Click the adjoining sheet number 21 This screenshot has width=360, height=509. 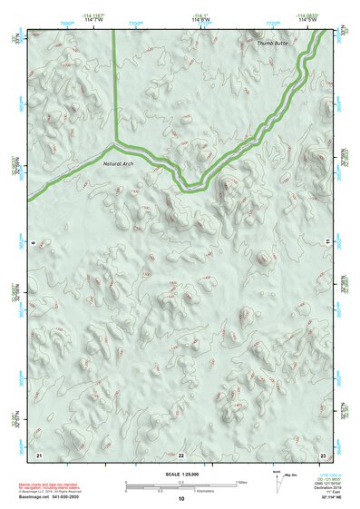click(38, 453)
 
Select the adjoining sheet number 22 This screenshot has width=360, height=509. click(180, 453)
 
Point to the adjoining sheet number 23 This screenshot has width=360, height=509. click(323, 453)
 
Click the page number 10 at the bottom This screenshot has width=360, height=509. click(180, 498)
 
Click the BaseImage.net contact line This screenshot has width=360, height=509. click(53, 496)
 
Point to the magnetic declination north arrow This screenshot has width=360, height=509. click(277, 485)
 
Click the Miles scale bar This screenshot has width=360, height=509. click(180, 484)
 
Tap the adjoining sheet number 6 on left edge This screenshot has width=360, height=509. click(32, 243)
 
